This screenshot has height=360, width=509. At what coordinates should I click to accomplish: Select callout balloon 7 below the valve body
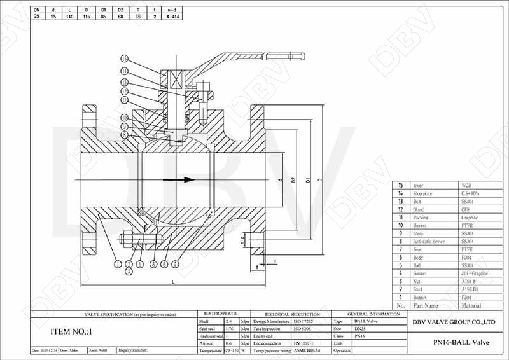[175, 263]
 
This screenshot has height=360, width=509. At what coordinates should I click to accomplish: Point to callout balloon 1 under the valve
[117, 263]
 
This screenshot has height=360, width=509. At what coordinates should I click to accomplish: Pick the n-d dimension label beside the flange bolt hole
[242, 240]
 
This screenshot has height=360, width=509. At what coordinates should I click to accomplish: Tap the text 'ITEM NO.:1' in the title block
[71, 331]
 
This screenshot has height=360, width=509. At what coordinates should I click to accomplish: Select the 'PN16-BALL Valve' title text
[456, 343]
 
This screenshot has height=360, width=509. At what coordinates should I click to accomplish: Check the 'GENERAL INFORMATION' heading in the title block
[374, 314]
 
